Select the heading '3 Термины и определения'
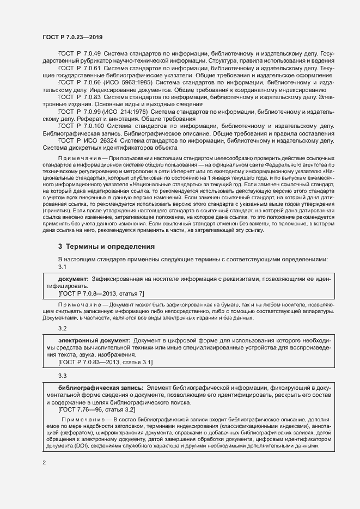pos(106,246)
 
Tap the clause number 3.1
pos(62,267)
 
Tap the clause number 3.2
pos(62,328)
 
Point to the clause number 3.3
pos(62,376)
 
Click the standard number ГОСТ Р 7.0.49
pos(79,54)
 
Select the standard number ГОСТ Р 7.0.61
pos(79,69)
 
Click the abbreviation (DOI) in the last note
pos(94,446)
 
